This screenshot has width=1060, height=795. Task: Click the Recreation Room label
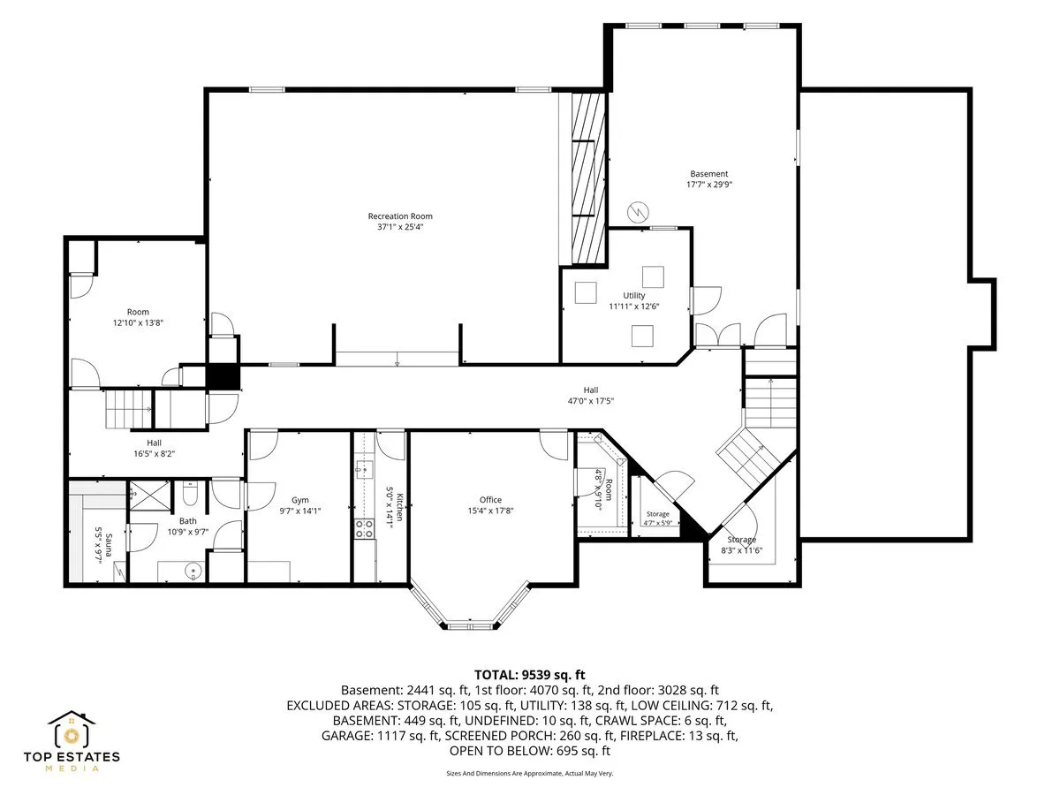coord(400,216)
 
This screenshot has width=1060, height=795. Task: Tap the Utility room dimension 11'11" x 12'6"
coord(633,306)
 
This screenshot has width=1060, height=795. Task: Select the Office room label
coord(490,500)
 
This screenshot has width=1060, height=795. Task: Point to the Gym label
coord(299,500)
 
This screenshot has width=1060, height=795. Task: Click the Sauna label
coord(109,545)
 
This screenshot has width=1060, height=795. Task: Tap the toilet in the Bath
coord(190,492)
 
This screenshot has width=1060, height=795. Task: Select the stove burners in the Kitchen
coord(364,528)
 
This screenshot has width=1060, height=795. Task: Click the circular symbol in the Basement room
coord(638,212)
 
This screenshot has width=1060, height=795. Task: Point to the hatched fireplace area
coord(587,178)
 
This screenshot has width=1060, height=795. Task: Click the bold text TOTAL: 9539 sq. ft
coord(529,674)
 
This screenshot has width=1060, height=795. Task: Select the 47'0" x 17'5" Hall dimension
coord(591,401)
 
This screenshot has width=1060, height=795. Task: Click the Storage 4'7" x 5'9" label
coord(658,518)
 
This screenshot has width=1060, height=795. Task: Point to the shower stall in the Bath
coord(149,496)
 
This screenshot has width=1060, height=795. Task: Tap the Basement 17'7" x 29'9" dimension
coord(709,184)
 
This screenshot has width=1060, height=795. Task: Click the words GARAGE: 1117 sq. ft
coord(381,736)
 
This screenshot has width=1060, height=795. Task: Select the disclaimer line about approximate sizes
coord(529,773)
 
